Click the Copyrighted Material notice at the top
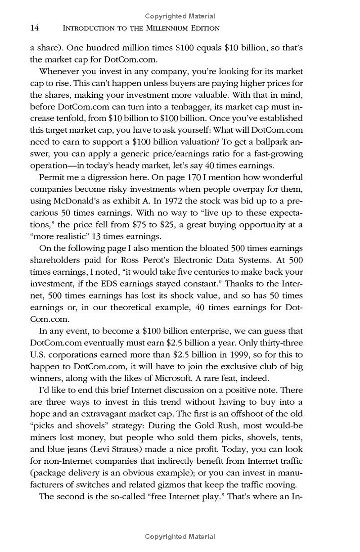(180, 16)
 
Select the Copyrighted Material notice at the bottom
(180, 536)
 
